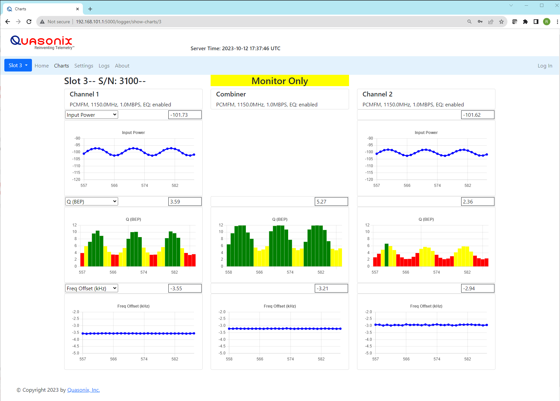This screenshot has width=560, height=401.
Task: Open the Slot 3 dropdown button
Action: click(x=18, y=65)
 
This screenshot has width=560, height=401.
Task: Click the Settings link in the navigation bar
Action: click(x=84, y=66)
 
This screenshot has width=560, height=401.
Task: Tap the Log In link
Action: click(x=545, y=66)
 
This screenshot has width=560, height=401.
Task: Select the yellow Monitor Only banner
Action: click(x=280, y=81)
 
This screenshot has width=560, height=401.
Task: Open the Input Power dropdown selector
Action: click(x=92, y=115)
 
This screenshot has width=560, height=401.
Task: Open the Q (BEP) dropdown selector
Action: click(x=92, y=201)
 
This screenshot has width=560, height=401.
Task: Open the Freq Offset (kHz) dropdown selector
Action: click(x=92, y=288)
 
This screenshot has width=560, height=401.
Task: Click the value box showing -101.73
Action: click(x=185, y=115)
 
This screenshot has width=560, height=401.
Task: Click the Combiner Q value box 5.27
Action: click(x=331, y=201)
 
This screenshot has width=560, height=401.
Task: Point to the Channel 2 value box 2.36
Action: click(x=477, y=201)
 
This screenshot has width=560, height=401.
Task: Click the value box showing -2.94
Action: click(x=477, y=288)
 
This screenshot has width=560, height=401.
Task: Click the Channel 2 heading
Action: click(x=377, y=94)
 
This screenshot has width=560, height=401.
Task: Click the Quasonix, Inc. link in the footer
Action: click(x=84, y=390)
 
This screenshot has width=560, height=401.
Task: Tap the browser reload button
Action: click(x=29, y=22)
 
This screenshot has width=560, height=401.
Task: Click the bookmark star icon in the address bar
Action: click(x=501, y=22)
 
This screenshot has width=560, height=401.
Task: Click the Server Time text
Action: click(x=235, y=49)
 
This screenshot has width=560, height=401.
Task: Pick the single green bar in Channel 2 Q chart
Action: click(x=386, y=255)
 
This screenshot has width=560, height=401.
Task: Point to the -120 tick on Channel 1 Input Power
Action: click(x=76, y=180)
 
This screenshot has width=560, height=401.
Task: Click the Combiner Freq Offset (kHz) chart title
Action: click(x=280, y=306)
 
